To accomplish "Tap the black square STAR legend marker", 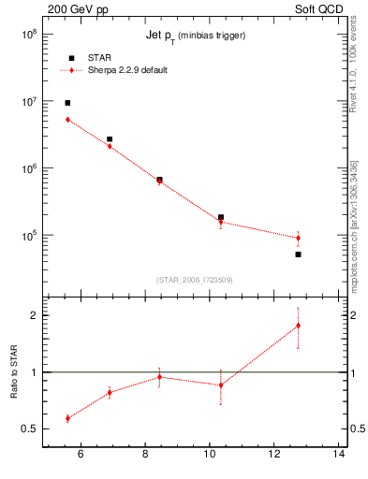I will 71,58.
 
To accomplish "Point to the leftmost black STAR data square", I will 67,103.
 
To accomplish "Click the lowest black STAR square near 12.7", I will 298,254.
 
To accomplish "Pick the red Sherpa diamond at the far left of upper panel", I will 67,120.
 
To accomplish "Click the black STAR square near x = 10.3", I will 220,217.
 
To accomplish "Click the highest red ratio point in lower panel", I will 298,326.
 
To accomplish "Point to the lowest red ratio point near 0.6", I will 67,418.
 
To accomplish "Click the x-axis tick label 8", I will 145,456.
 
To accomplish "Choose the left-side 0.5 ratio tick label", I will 30,429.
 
